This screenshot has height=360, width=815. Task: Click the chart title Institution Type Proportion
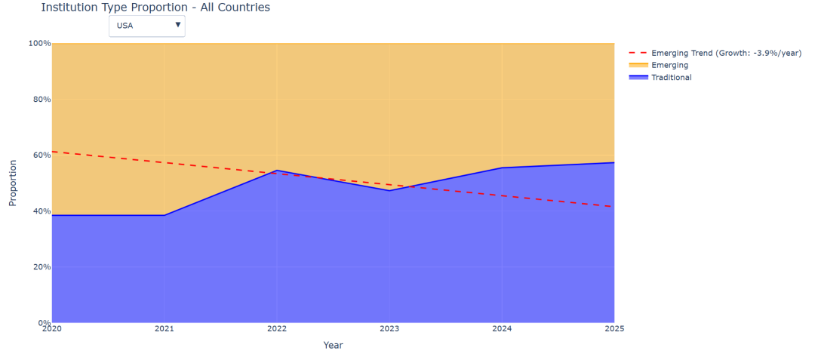pos(155,8)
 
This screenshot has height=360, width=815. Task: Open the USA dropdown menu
pos(146,26)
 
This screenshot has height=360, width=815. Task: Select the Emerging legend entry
pos(669,65)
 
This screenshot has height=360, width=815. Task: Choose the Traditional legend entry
pos(671,77)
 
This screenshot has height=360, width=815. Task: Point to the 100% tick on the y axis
pos(40,44)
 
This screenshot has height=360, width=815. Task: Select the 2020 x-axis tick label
pos(52,329)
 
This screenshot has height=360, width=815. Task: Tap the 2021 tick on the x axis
pos(165,329)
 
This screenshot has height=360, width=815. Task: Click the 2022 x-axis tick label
pos(277,329)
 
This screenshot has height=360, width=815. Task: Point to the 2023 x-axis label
pos(389,329)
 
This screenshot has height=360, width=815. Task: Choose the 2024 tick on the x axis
pos(502,329)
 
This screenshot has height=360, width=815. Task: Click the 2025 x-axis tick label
pos(613,329)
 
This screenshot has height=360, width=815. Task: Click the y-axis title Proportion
pos(13,183)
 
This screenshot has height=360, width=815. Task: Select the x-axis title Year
pos(333,346)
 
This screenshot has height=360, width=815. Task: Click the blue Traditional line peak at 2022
pos(277,171)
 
